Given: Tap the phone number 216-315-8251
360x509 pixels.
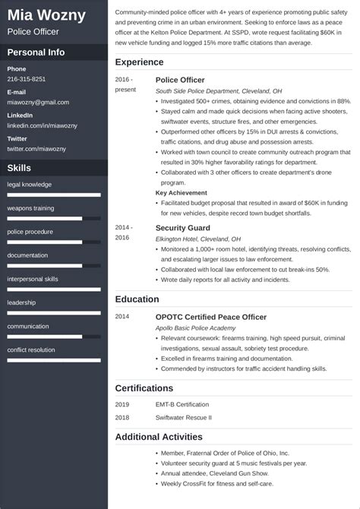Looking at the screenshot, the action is click(x=27, y=79).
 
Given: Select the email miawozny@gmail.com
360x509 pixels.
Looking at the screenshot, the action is click(x=38, y=102).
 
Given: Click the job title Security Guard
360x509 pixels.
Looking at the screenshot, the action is click(x=182, y=227).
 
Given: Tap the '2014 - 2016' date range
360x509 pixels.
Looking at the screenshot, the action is click(x=124, y=232).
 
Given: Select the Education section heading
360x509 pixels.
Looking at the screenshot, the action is click(x=137, y=299).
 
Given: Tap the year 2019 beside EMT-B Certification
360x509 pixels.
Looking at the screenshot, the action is click(x=122, y=404).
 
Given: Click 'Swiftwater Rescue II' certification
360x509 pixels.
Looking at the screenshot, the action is click(x=184, y=417).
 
